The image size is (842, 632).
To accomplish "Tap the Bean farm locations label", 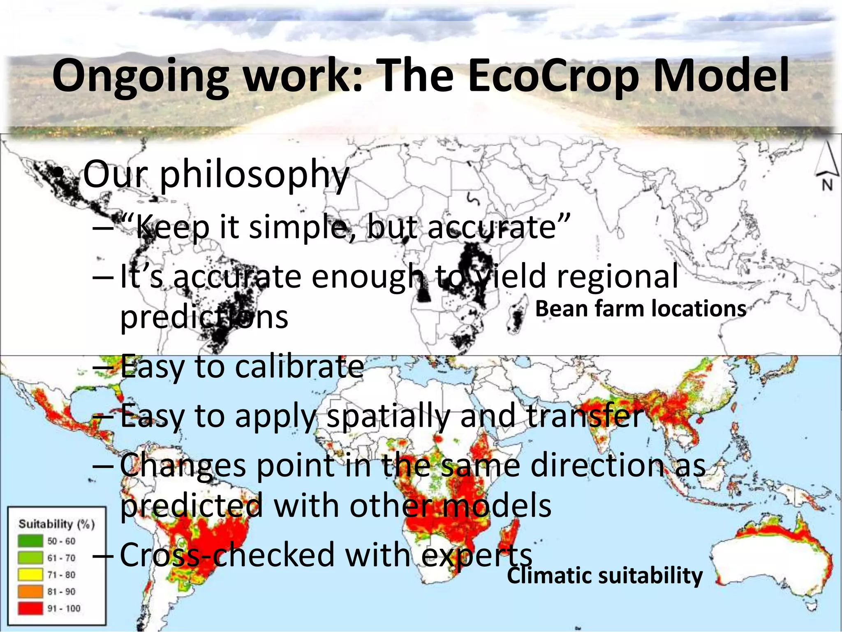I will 640,309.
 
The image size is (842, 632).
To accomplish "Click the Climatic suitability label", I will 604,575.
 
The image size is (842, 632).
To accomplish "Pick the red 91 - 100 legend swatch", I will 30,608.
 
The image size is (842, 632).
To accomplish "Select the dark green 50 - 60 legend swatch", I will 30,541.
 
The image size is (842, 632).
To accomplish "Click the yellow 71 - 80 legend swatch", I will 30,574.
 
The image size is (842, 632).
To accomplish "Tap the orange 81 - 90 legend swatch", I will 30,591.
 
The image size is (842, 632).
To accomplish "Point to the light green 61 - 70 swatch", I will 30,558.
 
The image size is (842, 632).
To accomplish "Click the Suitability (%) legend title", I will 56,524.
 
